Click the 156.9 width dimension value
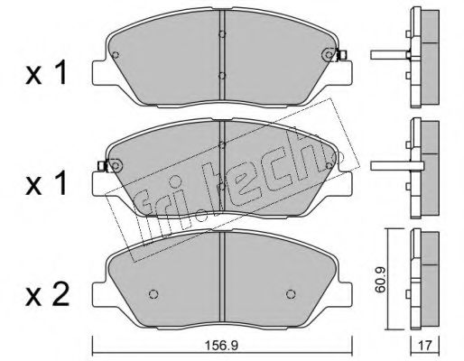pos(221,346)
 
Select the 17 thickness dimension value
pos(425,346)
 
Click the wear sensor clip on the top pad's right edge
pos(342,55)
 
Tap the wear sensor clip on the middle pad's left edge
pos(102,165)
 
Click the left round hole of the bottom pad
pos(153,294)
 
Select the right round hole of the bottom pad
pos(291,294)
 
